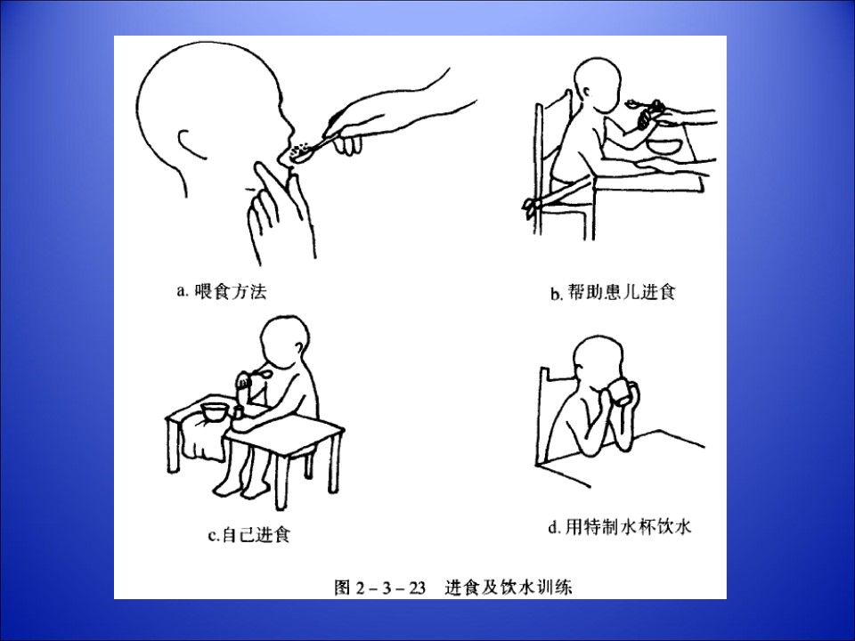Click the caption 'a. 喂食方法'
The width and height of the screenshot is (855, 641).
(222, 292)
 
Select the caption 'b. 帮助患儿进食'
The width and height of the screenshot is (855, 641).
(613, 293)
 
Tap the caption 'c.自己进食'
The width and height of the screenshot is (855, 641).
(249, 535)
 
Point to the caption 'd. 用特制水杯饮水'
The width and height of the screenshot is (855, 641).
(620, 527)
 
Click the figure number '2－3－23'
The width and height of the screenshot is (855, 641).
(390, 588)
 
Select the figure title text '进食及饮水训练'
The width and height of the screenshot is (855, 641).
(509, 588)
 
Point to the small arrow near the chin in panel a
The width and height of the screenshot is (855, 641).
(251, 189)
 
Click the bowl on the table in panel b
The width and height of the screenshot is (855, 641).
(664, 144)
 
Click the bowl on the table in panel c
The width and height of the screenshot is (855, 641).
(215, 411)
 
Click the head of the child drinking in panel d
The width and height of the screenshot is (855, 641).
(598, 361)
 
